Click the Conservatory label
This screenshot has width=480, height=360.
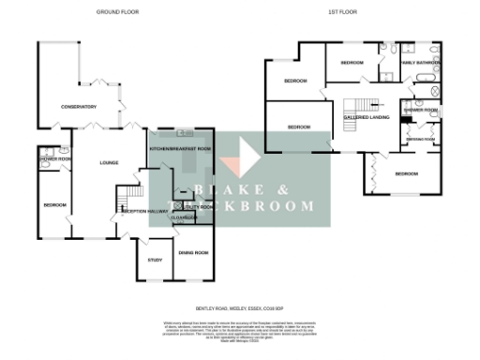point(80,107)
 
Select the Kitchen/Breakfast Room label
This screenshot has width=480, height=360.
point(180,148)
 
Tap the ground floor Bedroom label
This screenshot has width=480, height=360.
point(53,204)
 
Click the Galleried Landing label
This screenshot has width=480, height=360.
point(367,116)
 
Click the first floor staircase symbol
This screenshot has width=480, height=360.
point(361,103)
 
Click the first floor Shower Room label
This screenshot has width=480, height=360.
point(421,110)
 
